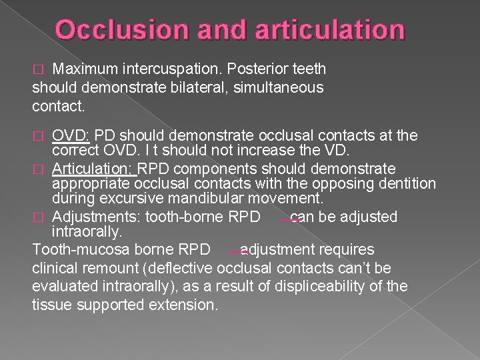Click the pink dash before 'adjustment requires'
pyautogui.click(x=237, y=253)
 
